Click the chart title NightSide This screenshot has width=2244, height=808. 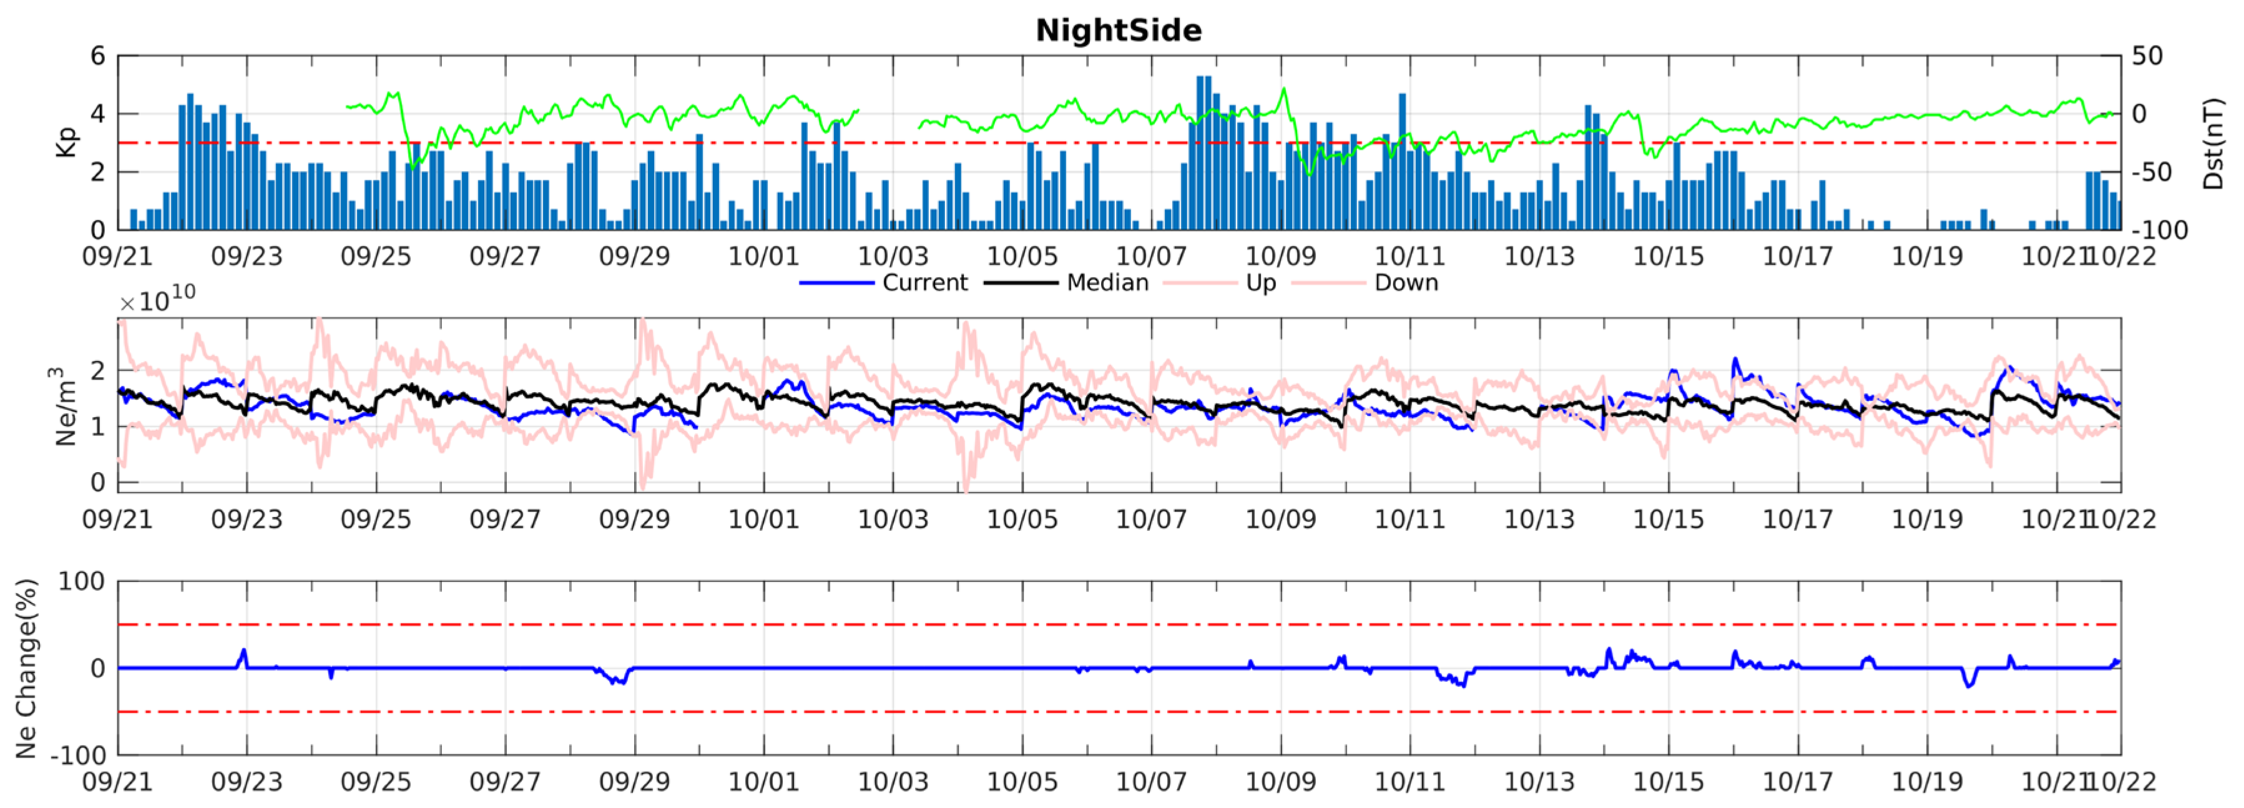1119,31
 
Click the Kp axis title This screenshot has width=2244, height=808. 66,142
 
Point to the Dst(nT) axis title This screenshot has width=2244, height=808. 2213,144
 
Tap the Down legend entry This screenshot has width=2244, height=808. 1405,282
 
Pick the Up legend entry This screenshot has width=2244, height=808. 1260,282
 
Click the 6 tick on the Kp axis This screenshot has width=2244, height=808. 97,56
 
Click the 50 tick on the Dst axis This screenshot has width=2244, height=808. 2147,56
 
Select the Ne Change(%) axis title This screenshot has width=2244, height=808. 26,669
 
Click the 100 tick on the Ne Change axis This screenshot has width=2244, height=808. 81,581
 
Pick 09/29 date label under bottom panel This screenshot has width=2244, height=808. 634,782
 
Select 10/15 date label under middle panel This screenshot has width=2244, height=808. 1667,520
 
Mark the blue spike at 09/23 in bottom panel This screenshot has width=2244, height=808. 244,656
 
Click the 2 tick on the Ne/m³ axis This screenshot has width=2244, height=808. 97,370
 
